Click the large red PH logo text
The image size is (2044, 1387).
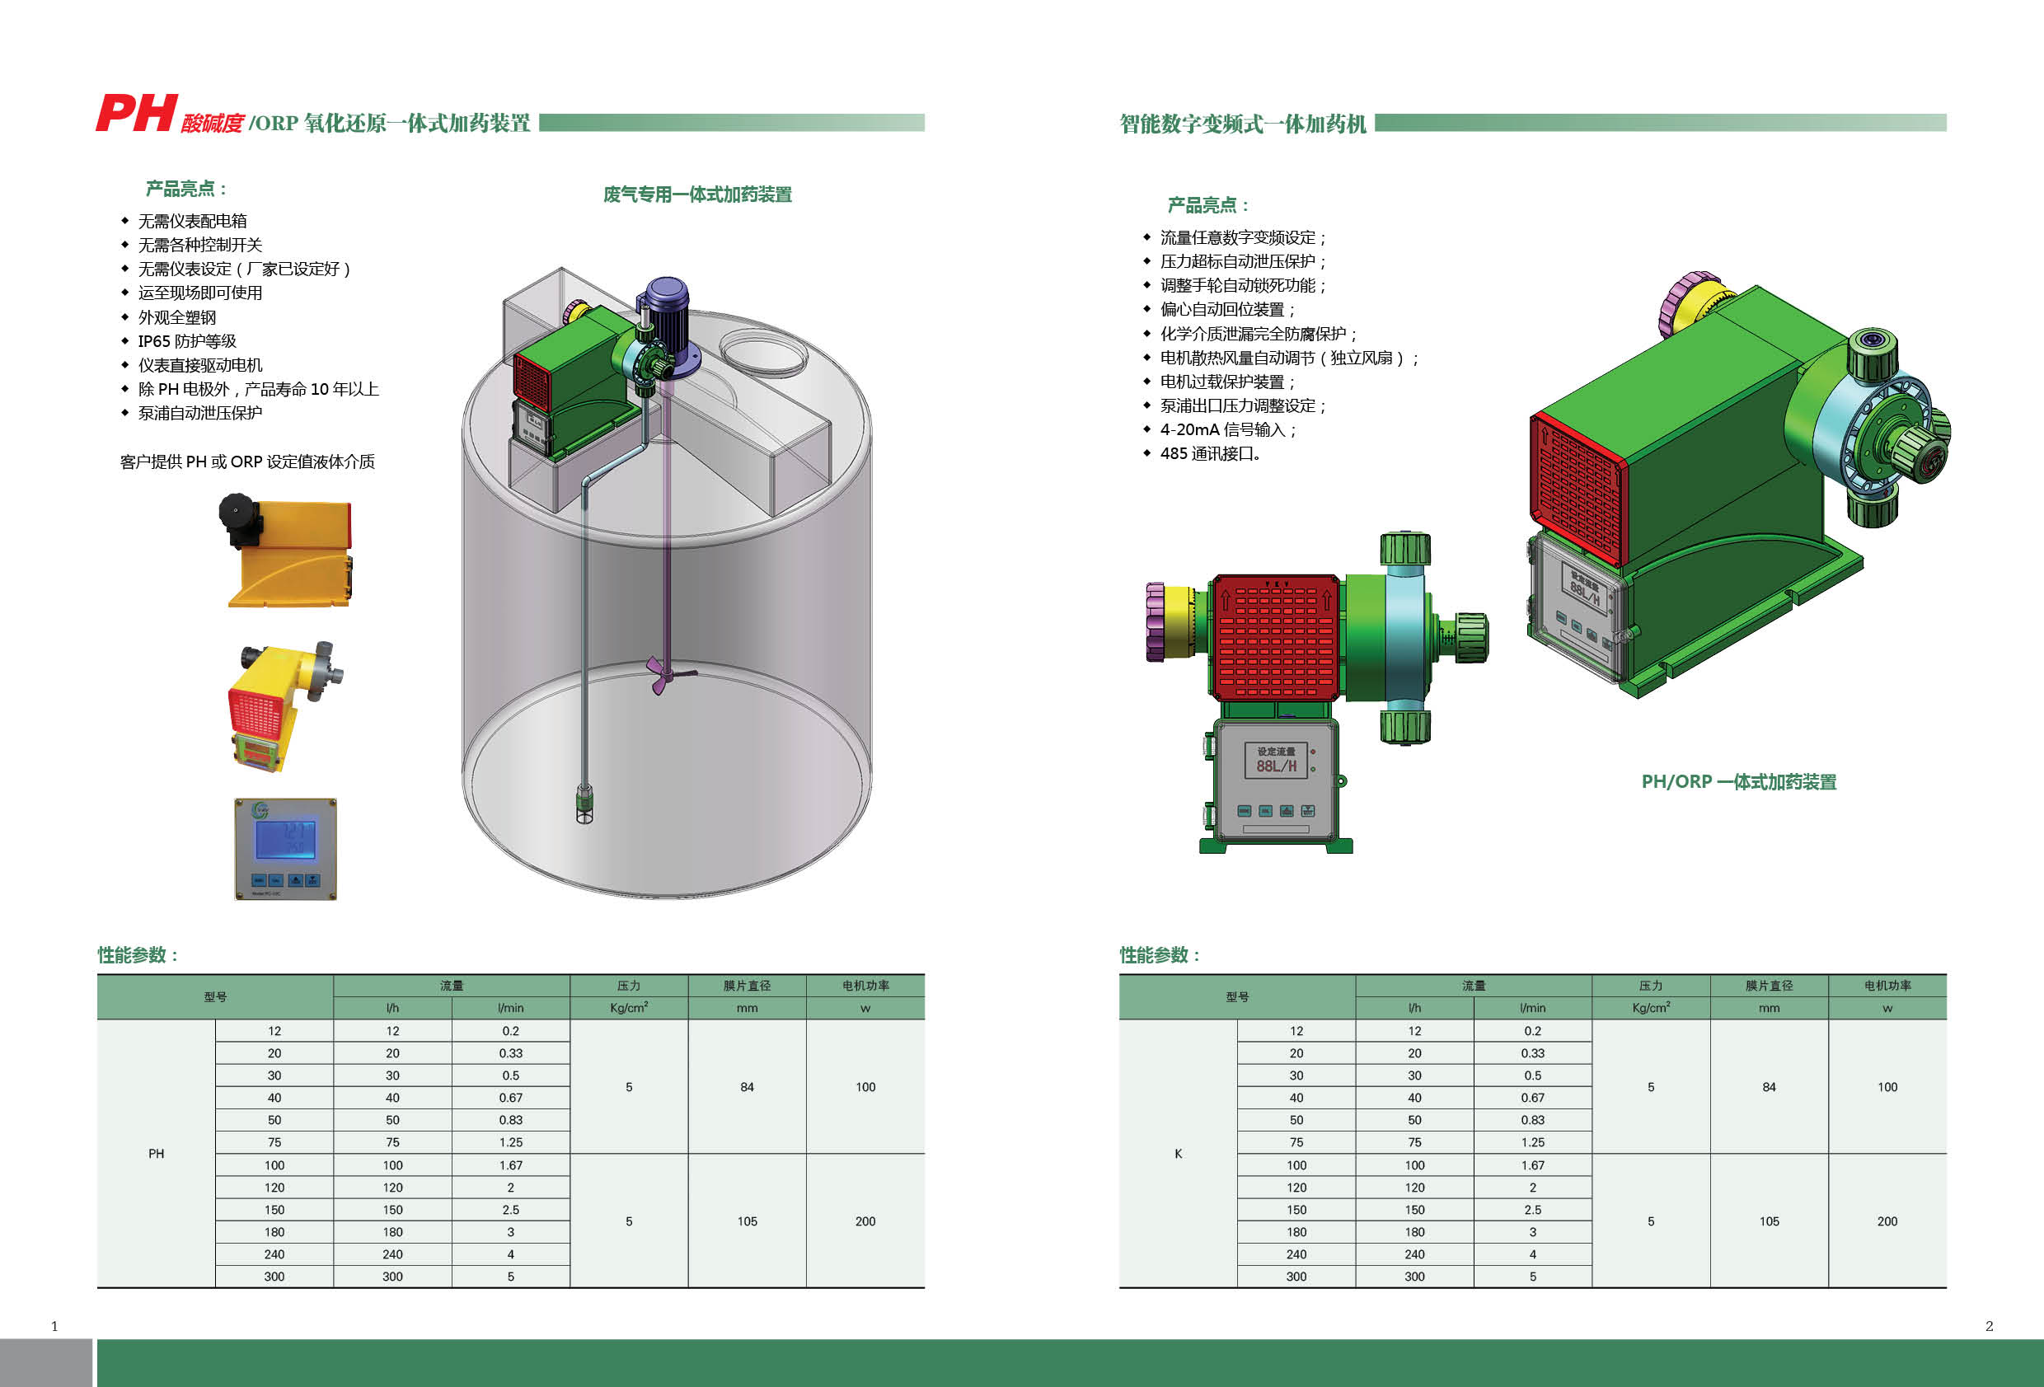coord(136,114)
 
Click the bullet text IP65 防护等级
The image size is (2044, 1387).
coord(186,341)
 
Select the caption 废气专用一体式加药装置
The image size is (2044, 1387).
coord(696,194)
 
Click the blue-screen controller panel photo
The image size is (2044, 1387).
coord(286,849)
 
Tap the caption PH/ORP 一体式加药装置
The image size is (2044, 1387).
coord(1739,782)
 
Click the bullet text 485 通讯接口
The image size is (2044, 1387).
coord(1209,454)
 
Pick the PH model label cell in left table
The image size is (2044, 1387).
coord(156,1154)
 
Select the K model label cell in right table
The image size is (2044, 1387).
coord(1178,1154)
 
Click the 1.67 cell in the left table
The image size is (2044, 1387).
coord(510,1165)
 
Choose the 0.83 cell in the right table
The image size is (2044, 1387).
coord(1532,1121)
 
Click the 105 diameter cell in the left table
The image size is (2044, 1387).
coord(747,1221)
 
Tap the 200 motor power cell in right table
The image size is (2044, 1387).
coord(1887,1221)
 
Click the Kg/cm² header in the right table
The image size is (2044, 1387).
coord(1650,1008)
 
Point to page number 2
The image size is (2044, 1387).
coord(1989,1326)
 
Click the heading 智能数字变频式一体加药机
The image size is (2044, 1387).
coord(1242,124)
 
